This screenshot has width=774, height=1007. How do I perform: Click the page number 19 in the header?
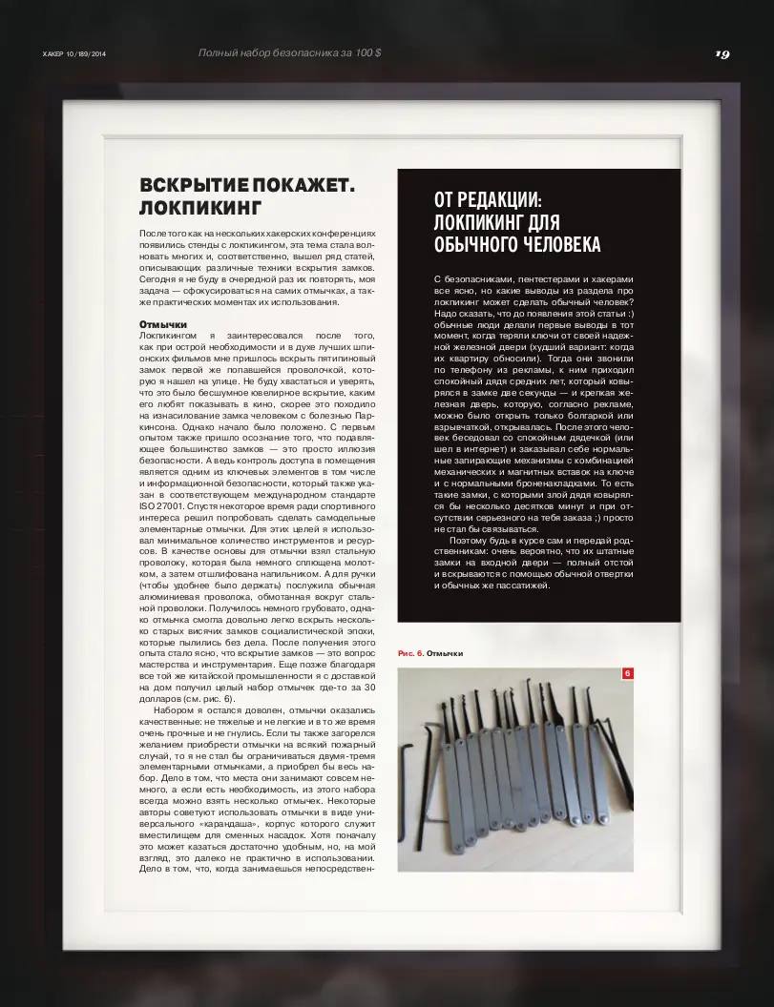722,53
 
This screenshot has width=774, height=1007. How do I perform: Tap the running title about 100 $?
289,53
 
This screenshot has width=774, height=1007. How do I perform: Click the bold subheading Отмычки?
162,325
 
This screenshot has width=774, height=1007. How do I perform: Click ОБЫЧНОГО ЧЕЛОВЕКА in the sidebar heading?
517,245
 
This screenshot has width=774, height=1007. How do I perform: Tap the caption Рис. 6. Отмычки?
430,653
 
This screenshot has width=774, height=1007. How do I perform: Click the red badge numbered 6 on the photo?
627,674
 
